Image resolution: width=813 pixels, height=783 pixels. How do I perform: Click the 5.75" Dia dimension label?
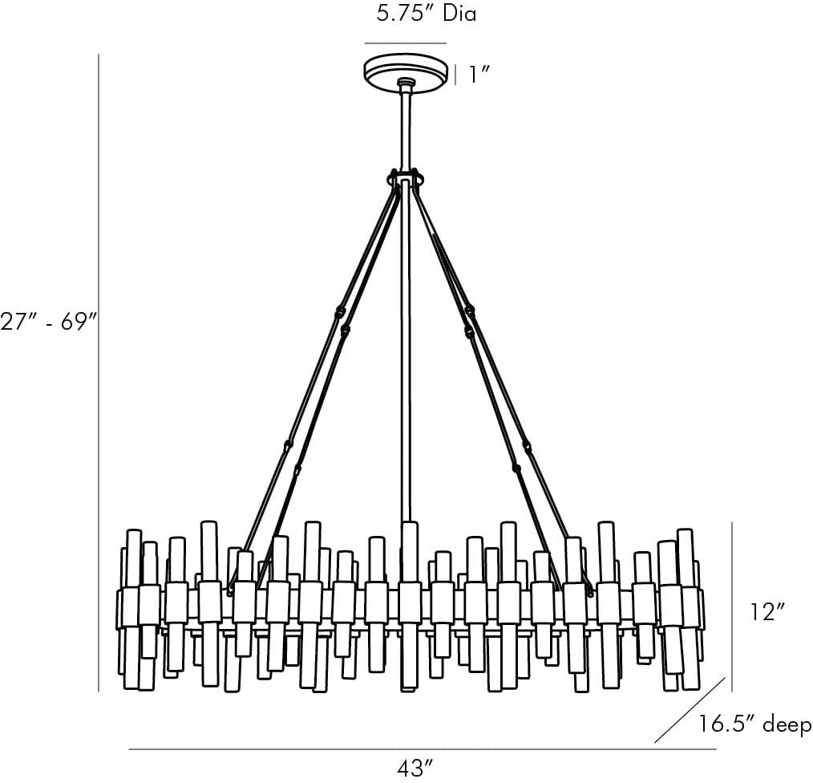427,14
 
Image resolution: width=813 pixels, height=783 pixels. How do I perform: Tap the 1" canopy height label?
479,75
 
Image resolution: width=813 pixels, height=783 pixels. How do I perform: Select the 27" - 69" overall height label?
49,321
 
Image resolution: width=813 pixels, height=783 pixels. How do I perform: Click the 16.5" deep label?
754,724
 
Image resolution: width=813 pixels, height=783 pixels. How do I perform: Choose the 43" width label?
415,768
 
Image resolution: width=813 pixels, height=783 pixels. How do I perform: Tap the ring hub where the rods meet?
406,178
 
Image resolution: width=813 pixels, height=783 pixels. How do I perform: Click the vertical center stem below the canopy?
406,128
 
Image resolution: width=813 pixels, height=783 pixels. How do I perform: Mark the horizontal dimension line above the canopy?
406,43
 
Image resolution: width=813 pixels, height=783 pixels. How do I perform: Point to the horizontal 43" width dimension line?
422,749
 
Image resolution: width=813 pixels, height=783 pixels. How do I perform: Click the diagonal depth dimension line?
690,711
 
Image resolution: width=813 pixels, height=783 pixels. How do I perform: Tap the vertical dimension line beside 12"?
732,606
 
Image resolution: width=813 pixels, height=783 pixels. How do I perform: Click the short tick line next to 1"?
456,75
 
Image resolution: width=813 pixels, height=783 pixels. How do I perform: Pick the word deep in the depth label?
787,725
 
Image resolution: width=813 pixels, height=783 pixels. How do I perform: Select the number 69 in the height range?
76,321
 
